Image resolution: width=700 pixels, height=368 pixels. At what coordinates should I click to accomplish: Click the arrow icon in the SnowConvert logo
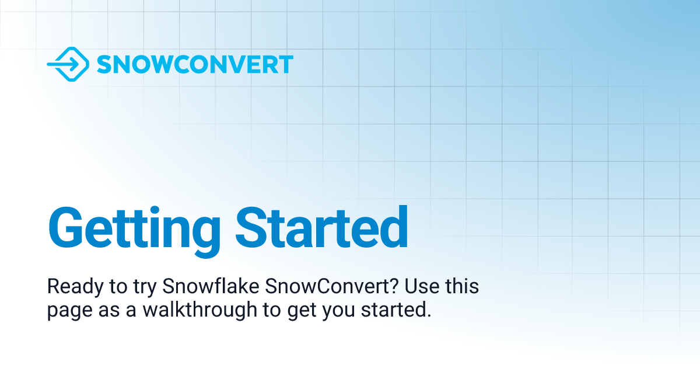[x=68, y=64]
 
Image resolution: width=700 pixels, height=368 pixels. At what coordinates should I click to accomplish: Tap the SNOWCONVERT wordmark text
[x=195, y=64]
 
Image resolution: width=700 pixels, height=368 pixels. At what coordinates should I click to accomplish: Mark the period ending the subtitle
[x=429, y=315]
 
